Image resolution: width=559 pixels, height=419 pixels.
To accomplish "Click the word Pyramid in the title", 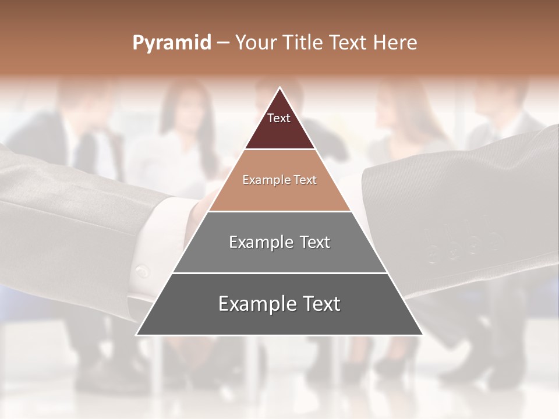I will point(171,43).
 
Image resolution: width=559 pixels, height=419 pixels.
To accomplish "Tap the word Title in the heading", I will point(303,42).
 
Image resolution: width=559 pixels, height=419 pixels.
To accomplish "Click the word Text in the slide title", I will point(348,42).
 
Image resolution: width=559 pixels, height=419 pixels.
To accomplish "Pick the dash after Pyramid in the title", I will point(222,44).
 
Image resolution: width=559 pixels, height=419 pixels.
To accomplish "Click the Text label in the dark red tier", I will point(279,118).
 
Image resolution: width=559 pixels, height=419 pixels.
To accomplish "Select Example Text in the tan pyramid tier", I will point(279,180).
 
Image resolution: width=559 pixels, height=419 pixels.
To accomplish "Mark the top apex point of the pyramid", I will point(279,88).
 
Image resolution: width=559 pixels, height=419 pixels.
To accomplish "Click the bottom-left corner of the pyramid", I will point(137,335).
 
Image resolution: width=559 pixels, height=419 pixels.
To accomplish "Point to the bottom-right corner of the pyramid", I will point(422,335).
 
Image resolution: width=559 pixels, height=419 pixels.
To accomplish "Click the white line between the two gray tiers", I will point(279,273).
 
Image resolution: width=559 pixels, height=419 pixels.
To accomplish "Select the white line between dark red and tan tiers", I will point(279,150).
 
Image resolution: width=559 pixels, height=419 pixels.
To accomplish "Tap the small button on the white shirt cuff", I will point(141,271).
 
